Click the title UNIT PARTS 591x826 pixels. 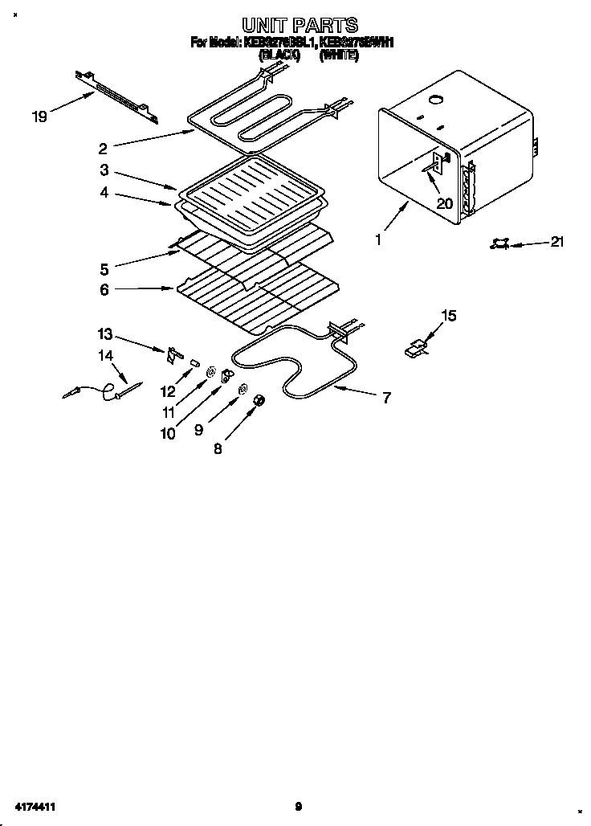pyautogui.click(x=300, y=25)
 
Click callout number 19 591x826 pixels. pyautogui.click(x=39, y=117)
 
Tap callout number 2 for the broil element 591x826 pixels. pyautogui.click(x=103, y=148)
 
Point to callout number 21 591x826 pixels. pyautogui.click(x=555, y=242)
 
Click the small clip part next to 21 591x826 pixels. pyautogui.click(x=499, y=243)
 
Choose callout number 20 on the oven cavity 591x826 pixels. pyautogui.click(x=444, y=203)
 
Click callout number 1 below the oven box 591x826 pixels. pyautogui.click(x=378, y=239)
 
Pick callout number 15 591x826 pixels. pyautogui.click(x=449, y=316)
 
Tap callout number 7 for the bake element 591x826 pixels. pyautogui.click(x=386, y=397)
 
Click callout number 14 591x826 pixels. pyautogui.click(x=105, y=354)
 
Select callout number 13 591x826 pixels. pyautogui.click(x=105, y=333)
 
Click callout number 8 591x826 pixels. pyautogui.click(x=218, y=449)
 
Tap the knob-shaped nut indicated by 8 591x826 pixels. pyautogui.click(x=259, y=401)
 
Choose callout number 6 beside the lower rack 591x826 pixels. pyautogui.click(x=104, y=289)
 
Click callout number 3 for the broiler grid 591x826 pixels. pyautogui.click(x=104, y=170)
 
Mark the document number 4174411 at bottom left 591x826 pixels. pyautogui.click(x=33, y=806)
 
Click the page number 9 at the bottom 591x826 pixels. pyautogui.click(x=298, y=806)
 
